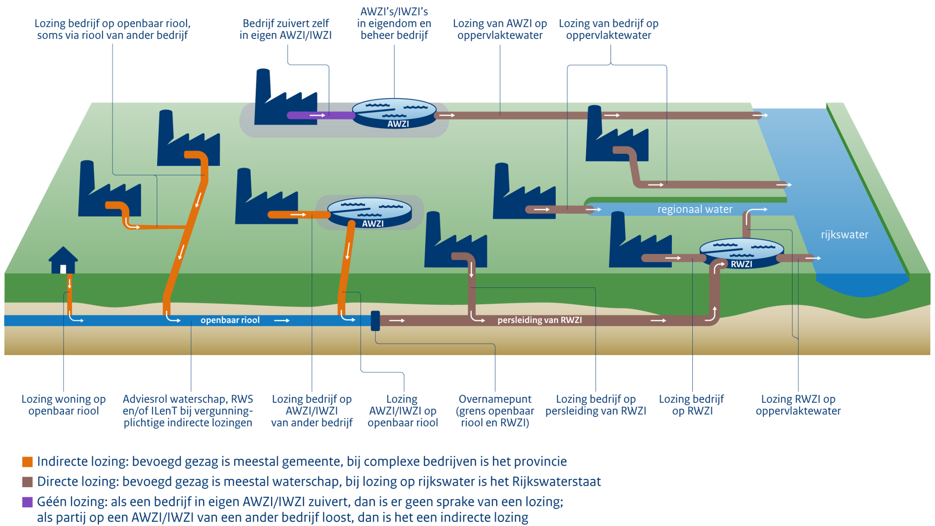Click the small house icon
[63, 260]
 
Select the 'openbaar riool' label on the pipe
[230, 320]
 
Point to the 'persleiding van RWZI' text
[539, 320]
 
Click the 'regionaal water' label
[695, 209]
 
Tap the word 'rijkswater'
[844, 235]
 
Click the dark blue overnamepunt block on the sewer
[375, 321]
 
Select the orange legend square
[27, 462]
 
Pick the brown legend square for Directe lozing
[27, 482]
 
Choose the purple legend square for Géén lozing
[27, 502]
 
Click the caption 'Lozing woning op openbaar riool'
[64, 405]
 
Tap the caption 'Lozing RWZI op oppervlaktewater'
[798, 405]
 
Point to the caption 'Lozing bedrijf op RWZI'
[692, 405]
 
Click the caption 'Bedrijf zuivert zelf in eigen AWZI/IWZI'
[285, 29]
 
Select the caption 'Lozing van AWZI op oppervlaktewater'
[499, 29]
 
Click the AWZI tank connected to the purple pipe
[394, 113]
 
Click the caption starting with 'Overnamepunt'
[495, 411]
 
